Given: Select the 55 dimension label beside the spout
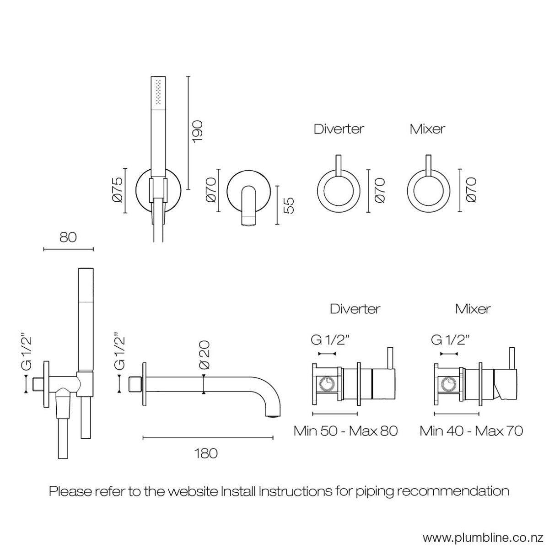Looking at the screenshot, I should (289, 205).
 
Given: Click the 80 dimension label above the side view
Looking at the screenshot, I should (68, 237).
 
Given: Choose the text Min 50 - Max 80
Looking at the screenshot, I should (345, 431).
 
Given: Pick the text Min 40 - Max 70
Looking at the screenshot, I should (471, 431).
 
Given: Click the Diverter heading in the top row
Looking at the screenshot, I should (339, 129).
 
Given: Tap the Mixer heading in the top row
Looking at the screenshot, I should (427, 129).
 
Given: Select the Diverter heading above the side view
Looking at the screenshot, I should (355, 309).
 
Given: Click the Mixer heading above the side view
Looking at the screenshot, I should (473, 309).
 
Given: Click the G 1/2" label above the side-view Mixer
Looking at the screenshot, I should (451, 340).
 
